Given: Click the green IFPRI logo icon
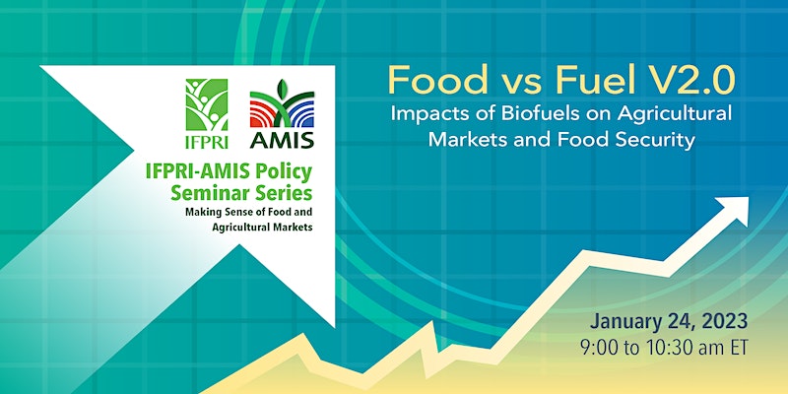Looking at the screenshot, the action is tap(207, 104).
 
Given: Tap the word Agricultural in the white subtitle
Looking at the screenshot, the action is tap(675, 115).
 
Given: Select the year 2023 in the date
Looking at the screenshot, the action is tap(725, 321).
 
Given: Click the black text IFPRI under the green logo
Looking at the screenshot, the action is tap(207, 141).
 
